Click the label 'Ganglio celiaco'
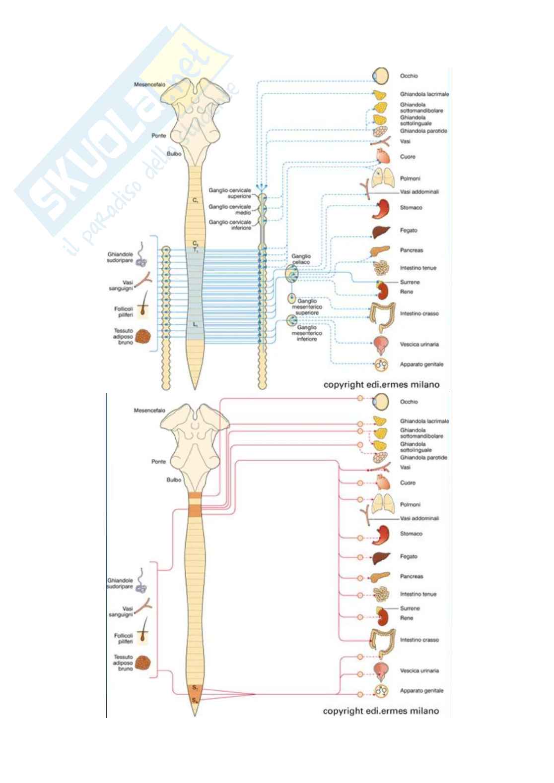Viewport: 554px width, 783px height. point(301,259)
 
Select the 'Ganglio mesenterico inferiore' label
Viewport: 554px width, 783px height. point(306,333)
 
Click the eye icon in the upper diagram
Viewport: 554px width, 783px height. point(381,75)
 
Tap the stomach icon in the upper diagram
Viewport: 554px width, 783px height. point(383,209)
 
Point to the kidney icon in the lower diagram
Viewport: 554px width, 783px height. point(382,617)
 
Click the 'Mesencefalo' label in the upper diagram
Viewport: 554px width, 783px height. point(149,85)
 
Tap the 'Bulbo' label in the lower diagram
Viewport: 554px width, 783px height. point(174,480)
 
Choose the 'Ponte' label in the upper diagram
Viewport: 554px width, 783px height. point(159,135)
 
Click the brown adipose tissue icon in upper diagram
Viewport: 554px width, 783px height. point(143,336)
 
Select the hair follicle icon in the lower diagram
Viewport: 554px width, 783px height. point(142,636)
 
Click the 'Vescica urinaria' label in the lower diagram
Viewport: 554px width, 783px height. point(419,670)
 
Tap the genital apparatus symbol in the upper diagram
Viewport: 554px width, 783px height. point(381,364)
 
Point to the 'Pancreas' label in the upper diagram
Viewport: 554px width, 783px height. point(412,250)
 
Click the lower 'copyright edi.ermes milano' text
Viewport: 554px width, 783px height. point(381,711)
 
